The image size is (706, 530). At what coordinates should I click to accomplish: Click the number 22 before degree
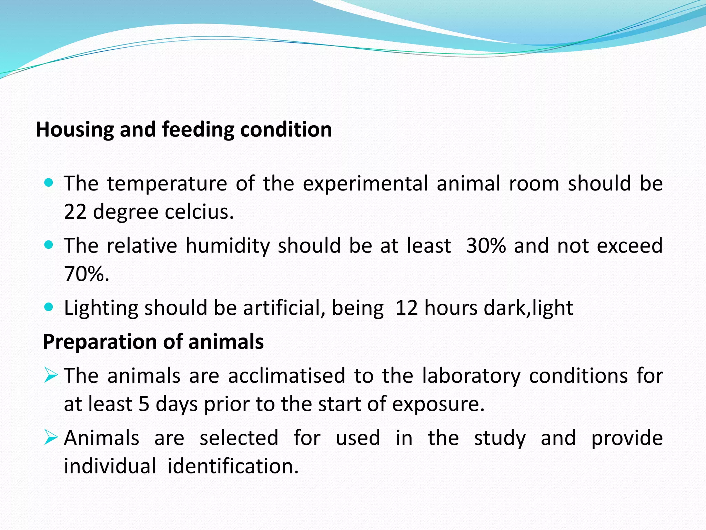pyautogui.click(x=75, y=212)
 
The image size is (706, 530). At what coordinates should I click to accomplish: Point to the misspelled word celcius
pyautogui.click(x=199, y=212)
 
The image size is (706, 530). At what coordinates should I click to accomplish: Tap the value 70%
pyautogui.click(x=86, y=274)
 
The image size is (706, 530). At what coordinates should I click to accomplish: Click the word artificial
pyautogui.click(x=284, y=308)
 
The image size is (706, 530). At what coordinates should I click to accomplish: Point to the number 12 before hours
pyautogui.click(x=407, y=308)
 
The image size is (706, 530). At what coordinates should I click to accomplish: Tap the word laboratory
pyautogui.click(x=471, y=376)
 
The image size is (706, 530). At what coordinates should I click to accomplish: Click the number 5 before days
pyautogui.click(x=144, y=404)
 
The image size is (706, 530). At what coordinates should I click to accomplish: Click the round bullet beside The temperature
pyautogui.click(x=49, y=183)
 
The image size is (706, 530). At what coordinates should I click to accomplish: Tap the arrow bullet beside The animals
pyautogui.click(x=51, y=375)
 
